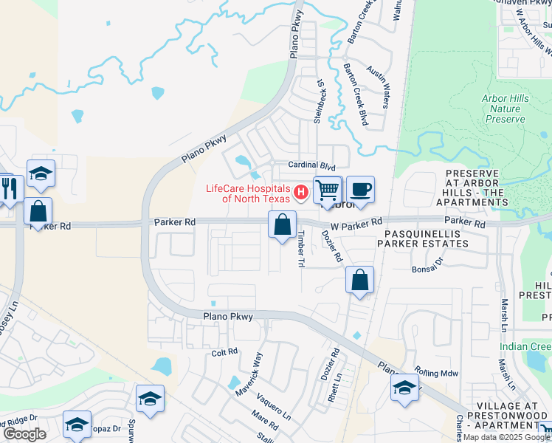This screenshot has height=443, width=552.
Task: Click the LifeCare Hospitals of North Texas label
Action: point(249,193)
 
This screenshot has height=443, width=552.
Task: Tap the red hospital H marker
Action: point(300,193)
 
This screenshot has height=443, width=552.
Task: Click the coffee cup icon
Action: point(360,189)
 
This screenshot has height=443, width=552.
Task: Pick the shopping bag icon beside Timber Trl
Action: point(282,225)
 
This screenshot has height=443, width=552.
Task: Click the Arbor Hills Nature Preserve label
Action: point(506,108)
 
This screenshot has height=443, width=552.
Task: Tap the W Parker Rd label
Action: point(357,222)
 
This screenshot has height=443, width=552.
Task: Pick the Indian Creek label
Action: point(525,346)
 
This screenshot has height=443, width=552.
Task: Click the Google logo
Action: point(24,433)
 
